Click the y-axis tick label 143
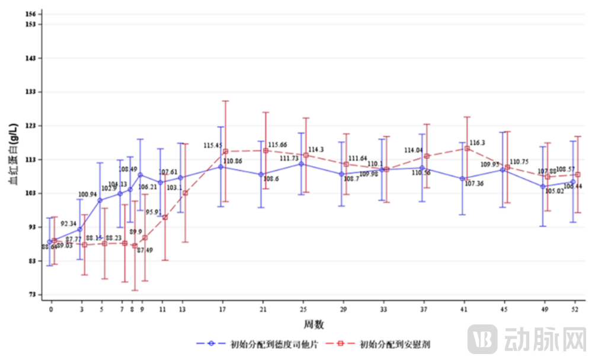31,58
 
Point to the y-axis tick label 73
33,295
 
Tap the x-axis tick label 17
223,309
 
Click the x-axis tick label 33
384,309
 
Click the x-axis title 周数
314,324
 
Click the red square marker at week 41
467,148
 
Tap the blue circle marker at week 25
302,164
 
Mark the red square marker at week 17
225,151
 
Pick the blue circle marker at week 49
543,186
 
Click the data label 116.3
478,143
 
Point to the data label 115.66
277,145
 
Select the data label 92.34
69,224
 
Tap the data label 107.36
474,184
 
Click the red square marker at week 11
165,217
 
